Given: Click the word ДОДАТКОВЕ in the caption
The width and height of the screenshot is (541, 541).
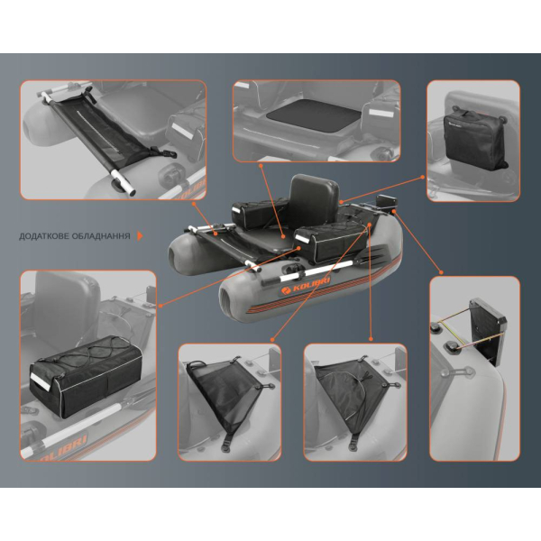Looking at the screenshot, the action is pos(45,236).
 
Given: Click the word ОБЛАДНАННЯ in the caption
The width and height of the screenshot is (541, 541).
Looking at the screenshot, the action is pos(102,236).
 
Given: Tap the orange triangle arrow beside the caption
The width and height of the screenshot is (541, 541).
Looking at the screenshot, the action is pos(140,236).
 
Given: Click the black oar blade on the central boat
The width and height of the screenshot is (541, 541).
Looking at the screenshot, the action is pos(373,256).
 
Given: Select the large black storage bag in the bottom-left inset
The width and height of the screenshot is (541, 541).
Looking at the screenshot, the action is pos(86,376).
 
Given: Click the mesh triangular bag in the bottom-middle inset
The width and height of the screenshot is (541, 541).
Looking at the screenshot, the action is pos(224,390).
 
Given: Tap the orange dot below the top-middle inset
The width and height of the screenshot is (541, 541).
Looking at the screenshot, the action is pos(261,166).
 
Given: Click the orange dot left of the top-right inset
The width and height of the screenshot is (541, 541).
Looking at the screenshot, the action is pos(423,177).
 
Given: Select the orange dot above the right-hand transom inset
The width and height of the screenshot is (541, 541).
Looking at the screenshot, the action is pos(441,272).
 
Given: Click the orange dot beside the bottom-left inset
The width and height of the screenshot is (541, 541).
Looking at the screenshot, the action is pos(160,306).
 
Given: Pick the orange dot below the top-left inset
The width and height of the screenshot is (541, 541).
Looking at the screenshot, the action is pos(194,204).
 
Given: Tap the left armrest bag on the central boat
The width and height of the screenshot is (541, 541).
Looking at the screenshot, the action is pos(260,215).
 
